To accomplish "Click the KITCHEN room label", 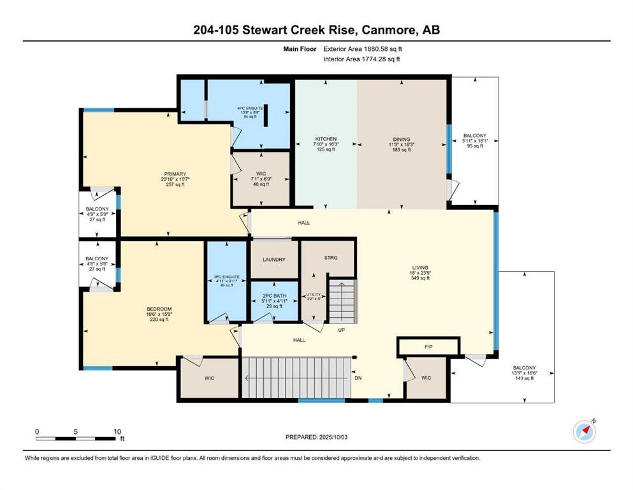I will (x=325, y=139).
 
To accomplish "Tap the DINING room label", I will (x=401, y=139).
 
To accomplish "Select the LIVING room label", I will (x=419, y=267).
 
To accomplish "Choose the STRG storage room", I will (x=330, y=258).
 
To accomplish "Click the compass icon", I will (x=584, y=431).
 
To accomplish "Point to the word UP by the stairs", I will (x=341, y=330).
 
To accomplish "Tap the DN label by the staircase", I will (x=358, y=377).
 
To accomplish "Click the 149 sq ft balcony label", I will (x=523, y=378).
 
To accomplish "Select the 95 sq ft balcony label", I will (x=474, y=146).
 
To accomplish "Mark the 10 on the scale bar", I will (x=117, y=431).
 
